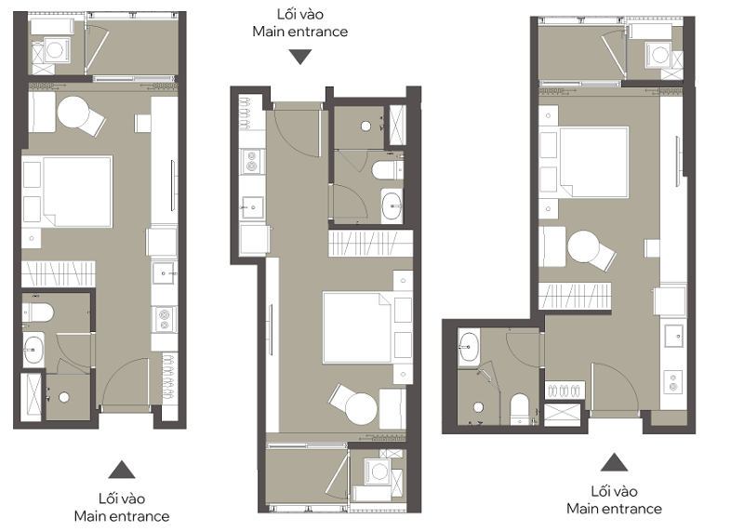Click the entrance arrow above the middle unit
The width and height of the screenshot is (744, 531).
point(300,57)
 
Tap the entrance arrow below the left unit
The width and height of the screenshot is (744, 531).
point(122,470)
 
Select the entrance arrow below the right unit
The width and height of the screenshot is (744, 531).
point(614,462)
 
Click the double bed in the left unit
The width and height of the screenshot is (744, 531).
point(78,192)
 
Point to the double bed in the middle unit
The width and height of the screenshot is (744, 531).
point(357,327)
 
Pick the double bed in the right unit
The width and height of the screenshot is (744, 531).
point(594,162)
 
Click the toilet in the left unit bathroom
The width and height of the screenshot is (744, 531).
point(38,312)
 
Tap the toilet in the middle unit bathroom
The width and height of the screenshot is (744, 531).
point(388,170)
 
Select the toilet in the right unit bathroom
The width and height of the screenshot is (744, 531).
point(520,409)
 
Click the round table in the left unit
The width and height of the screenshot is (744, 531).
point(73,113)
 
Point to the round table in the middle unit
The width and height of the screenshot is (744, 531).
point(361,408)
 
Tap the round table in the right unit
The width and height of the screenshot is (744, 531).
point(584,246)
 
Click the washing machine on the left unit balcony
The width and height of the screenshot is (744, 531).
point(55,51)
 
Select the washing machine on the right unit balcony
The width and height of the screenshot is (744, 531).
point(659,55)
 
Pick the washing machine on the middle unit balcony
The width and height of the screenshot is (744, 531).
point(379,471)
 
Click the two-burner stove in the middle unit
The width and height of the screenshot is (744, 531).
point(251,161)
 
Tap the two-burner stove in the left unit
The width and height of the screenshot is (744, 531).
point(165,319)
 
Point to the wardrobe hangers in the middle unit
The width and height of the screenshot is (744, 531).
point(370,243)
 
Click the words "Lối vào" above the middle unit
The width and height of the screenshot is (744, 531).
point(299,14)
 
